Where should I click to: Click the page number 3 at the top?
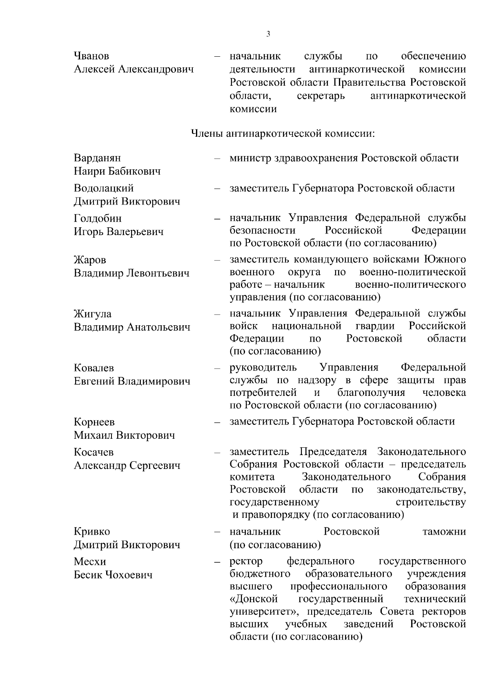pyautogui.click(x=268, y=34)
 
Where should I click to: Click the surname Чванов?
pyautogui.click(x=91, y=56)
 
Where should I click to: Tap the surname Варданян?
pyautogui.click(x=97, y=158)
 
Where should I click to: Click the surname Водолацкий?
pyautogui.click(x=104, y=188)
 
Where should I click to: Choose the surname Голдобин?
pyautogui.click(x=98, y=218)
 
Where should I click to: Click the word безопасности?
pyautogui.click(x=263, y=231)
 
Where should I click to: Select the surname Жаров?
pyautogui.click(x=90, y=260)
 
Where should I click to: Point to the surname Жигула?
pyautogui.click(x=92, y=314)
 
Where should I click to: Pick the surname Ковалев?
pyautogui.click(x=94, y=368)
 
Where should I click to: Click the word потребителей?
pyautogui.click(x=263, y=393)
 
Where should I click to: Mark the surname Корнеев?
pyautogui.click(x=94, y=422)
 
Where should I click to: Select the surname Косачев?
pyautogui.click(x=94, y=452)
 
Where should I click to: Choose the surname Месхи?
pyautogui.click(x=90, y=562)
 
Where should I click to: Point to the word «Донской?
pyautogui.click(x=254, y=599)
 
